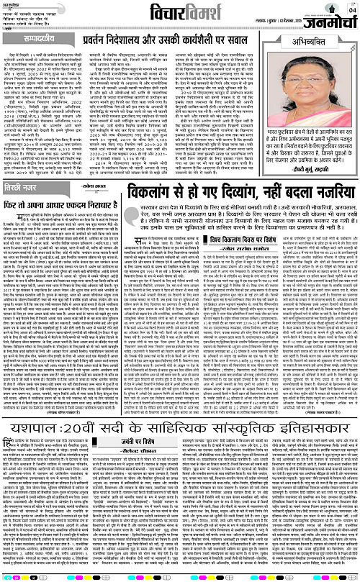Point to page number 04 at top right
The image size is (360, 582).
[352, 10]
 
